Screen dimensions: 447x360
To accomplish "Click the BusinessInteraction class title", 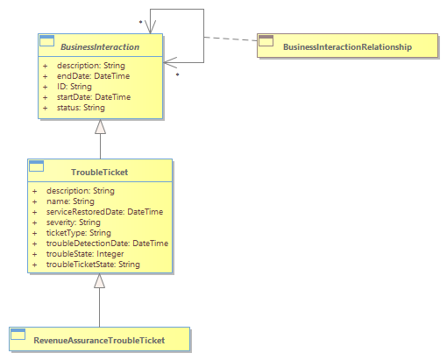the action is pyautogui.click(x=100, y=47).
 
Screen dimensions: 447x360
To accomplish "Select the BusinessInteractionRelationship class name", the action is pyautogui.click(x=347, y=47).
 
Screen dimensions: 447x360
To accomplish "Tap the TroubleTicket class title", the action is pyautogui.click(x=100, y=173).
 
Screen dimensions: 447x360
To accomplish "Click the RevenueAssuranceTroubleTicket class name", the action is pyautogui.click(x=99, y=341).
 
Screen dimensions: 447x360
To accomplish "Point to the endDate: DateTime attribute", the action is pyautogui.click(x=93, y=76).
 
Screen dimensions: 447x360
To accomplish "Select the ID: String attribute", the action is pyautogui.click(x=74, y=87).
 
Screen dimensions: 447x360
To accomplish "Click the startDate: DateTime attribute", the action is pyautogui.click(x=94, y=97).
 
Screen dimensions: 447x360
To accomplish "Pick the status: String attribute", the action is pyautogui.click(x=81, y=108).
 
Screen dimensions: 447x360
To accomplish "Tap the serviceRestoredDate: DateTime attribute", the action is pyautogui.click(x=104, y=212).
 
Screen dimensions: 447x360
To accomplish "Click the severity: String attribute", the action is pyautogui.click(x=74, y=222).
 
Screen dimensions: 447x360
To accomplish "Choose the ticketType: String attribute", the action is pyautogui.click(x=79, y=233).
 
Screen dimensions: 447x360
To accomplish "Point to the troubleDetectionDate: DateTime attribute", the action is pyautogui.click(x=107, y=244).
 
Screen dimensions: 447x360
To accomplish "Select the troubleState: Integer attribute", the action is pyautogui.click(x=85, y=254).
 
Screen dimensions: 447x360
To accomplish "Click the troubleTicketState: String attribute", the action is pyautogui.click(x=93, y=265).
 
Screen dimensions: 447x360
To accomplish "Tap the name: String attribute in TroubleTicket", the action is pyautogui.click(x=70, y=201).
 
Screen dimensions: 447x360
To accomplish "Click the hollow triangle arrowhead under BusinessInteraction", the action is pyautogui.click(x=100, y=127).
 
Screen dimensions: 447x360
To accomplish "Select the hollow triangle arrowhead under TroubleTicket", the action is pyautogui.click(x=99, y=281).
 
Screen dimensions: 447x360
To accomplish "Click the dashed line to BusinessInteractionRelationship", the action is pyautogui.click(x=231, y=39).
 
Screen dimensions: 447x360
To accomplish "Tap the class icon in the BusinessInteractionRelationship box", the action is pyautogui.click(x=266, y=41).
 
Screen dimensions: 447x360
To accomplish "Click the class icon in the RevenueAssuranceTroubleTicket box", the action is pyautogui.click(x=18, y=335).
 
